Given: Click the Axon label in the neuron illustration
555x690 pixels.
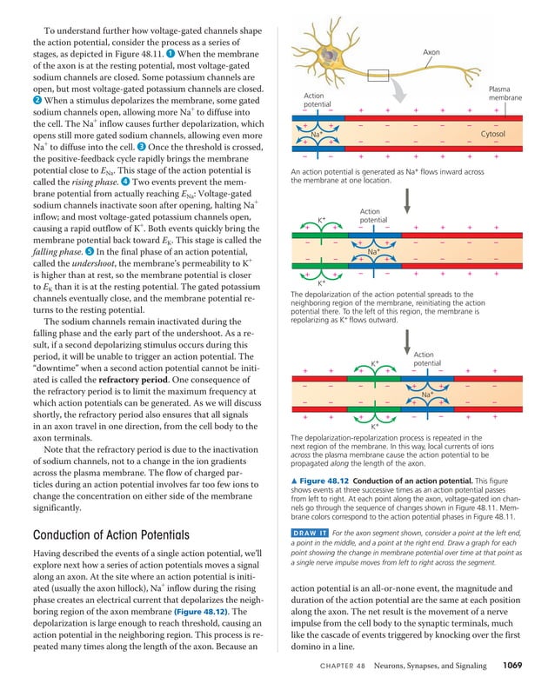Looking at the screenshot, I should click(431, 53).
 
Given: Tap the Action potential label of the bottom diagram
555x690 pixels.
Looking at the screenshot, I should click(424, 359).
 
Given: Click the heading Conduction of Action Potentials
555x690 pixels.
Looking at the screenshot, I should click(111, 534).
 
